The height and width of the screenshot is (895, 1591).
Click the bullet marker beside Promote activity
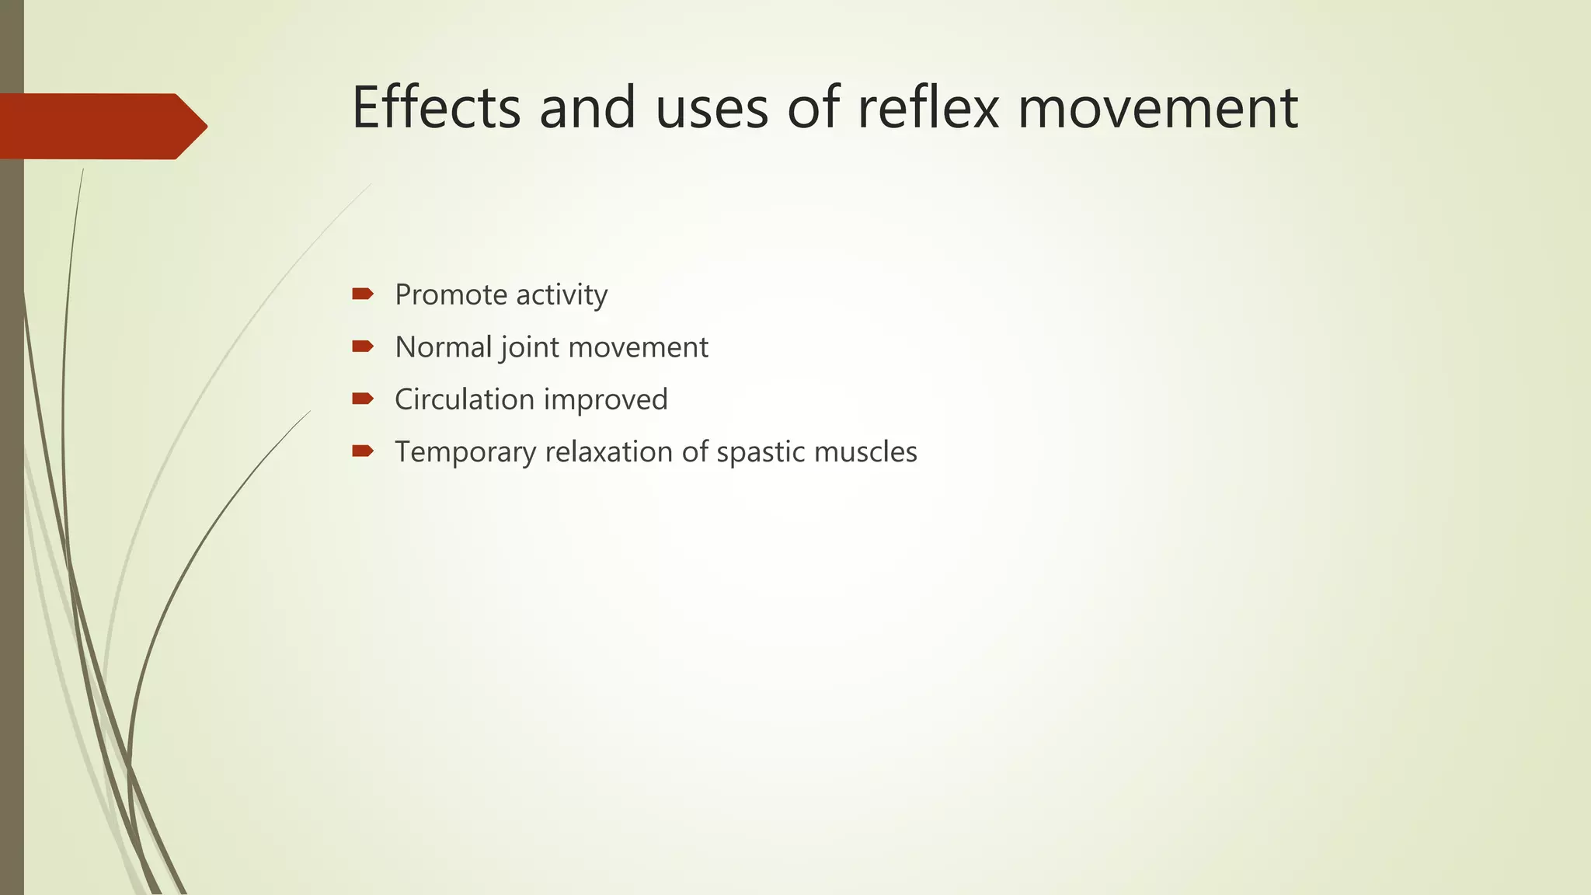[363, 294]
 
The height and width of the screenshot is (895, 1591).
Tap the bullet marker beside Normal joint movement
[363, 347]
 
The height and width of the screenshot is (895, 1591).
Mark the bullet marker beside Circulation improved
[363, 399]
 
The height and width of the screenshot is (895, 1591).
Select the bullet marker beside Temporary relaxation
[363, 451]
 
